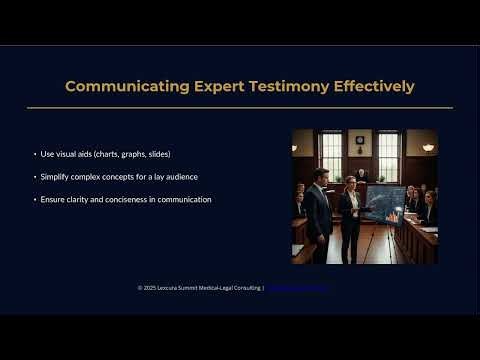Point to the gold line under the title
click(240, 107)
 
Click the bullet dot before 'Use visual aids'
click(35, 154)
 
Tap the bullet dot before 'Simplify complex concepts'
click(35, 177)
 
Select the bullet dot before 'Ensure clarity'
click(35, 199)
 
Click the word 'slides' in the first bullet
click(156, 154)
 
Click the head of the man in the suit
click(320, 175)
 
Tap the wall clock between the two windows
click(359, 141)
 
